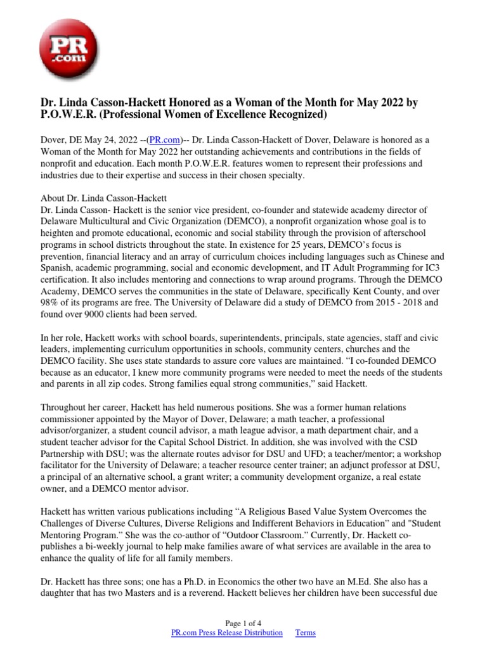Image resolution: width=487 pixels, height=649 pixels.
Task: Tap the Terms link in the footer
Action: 306,633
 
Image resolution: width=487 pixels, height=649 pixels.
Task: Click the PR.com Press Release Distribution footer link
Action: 227,633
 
